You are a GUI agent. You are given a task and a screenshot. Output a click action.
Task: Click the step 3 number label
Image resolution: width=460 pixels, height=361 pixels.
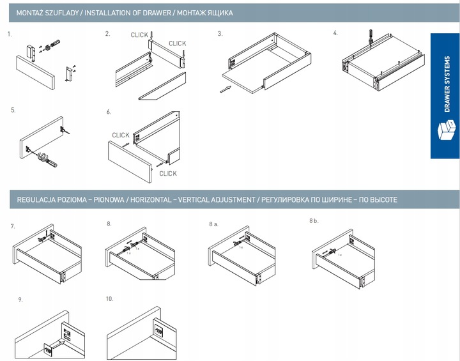click(x=220, y=33)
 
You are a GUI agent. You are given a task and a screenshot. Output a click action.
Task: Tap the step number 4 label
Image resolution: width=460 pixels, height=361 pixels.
click(x=335, y=33)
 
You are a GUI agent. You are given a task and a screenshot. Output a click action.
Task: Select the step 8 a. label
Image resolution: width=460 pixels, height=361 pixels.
click(x=214, y=224)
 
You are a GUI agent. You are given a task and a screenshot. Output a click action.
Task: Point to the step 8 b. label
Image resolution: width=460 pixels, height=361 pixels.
click(x=314, y=221)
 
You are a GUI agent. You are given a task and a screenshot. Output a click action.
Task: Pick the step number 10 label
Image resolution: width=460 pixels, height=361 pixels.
click(x=110, y=298)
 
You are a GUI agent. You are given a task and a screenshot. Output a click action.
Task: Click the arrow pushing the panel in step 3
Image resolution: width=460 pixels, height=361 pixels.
click(x=224, y=89)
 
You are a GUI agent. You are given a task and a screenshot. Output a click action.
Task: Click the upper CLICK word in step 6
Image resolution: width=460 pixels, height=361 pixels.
click(x=121, y=135)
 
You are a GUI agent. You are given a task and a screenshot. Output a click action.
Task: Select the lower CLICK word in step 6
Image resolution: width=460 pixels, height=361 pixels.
click(x=168, y=174)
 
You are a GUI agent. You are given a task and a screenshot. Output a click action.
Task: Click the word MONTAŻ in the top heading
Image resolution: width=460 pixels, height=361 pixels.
click(x=29, y=13)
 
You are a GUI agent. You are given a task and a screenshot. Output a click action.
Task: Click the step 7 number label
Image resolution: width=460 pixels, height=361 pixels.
click(x=13, y=227)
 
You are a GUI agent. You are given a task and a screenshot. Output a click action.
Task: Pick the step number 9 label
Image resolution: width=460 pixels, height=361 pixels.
click(x=20, y=299)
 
